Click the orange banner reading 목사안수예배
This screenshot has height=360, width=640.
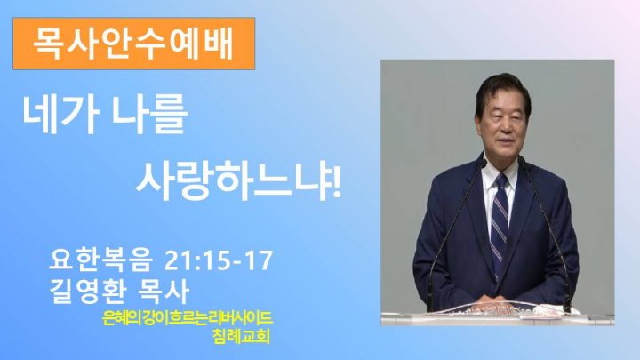(134, 44)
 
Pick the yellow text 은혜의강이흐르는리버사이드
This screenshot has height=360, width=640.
(188, 318)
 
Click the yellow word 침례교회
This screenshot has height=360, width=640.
(241, 336)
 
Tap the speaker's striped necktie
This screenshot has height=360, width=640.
(500, 220)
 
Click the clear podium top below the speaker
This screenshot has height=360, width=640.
(498, 313)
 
